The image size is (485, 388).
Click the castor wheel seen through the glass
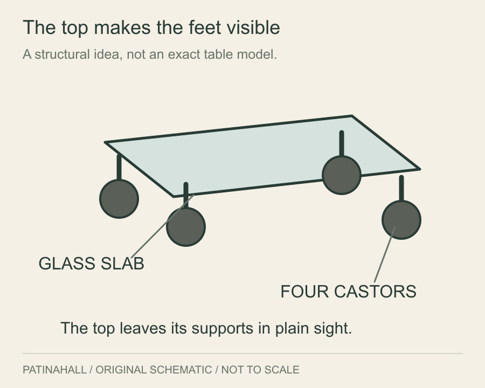342,175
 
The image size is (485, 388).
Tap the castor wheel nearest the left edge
119,199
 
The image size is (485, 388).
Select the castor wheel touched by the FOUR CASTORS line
401,220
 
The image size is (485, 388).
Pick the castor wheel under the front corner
186,227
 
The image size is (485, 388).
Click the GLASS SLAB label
91,264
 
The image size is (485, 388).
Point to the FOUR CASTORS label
348,292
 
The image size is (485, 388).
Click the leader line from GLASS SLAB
163,226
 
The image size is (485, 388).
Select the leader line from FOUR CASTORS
385,254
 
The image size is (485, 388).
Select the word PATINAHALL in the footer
54,370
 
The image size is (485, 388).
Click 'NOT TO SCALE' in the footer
260,370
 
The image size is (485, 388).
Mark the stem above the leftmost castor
119,167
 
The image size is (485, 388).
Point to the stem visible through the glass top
342,143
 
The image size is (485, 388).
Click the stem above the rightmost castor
401,189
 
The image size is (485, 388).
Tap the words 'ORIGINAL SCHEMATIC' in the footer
154,370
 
